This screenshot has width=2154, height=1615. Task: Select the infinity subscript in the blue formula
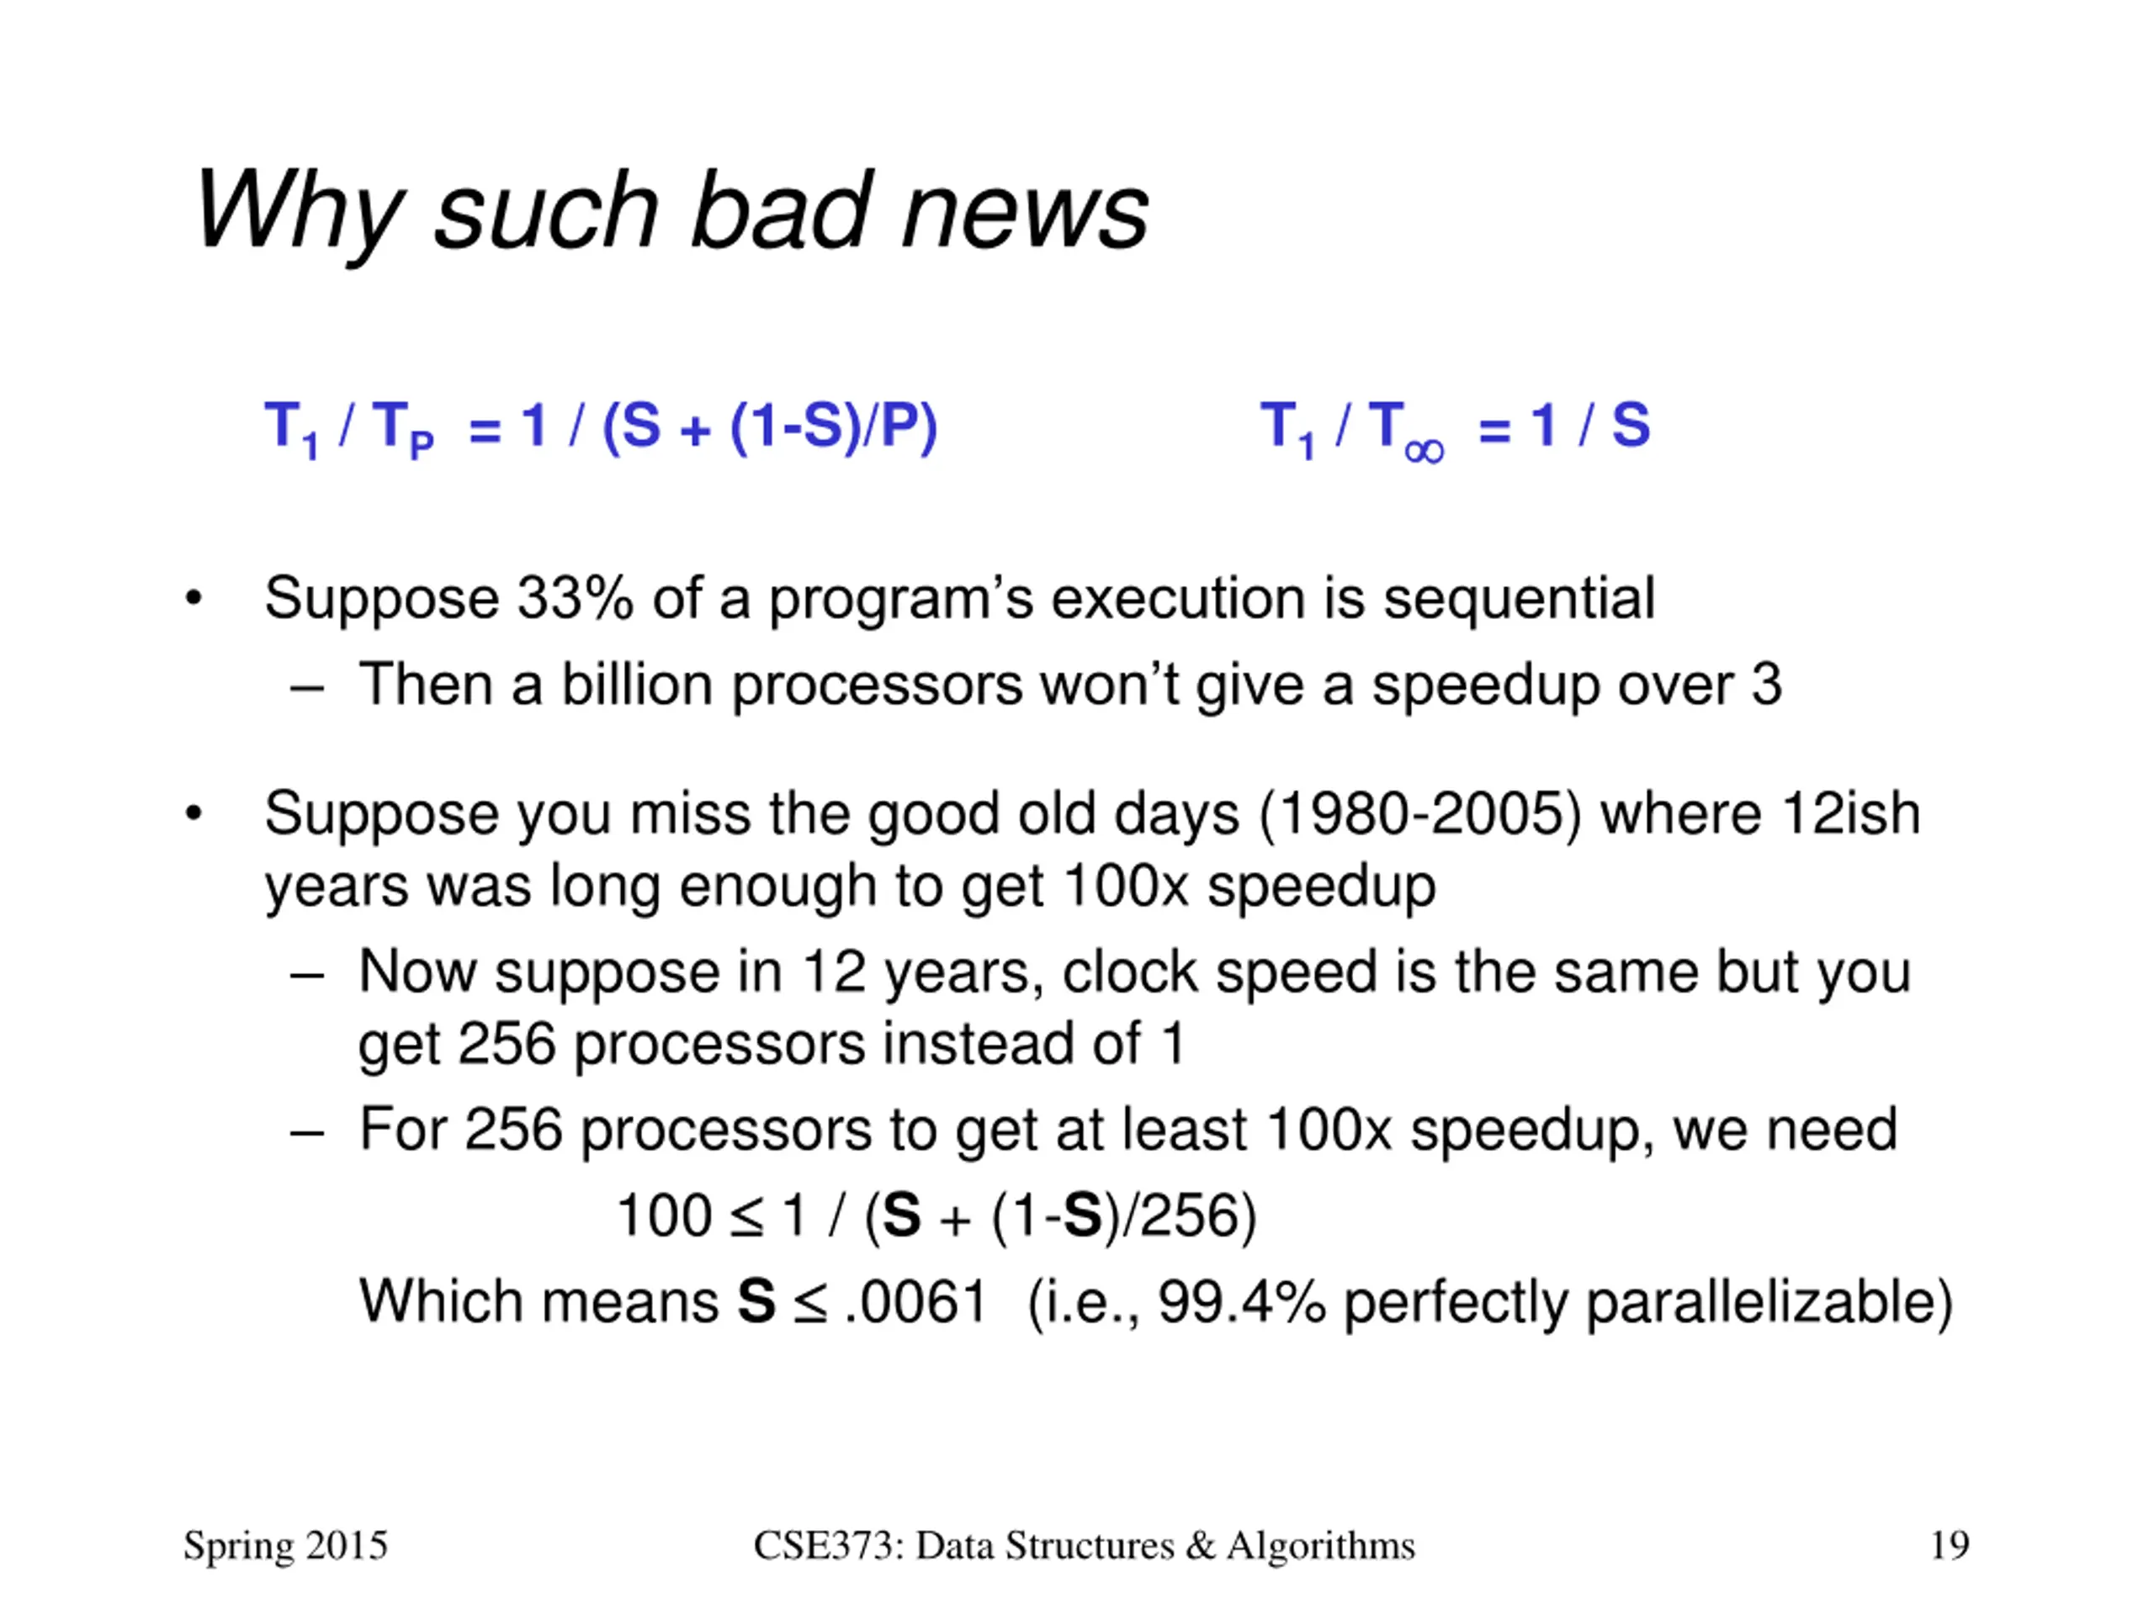pos(1425,452)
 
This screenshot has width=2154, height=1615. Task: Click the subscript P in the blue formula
pos(421,446)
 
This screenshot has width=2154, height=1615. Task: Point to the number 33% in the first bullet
pos(576,598)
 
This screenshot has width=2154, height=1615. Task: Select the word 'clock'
pos(1129,972)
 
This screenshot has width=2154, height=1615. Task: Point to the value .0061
pos(916,1301)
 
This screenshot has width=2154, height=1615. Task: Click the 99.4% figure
pos(1242,1301)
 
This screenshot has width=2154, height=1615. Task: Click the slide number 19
pos(1950,1545)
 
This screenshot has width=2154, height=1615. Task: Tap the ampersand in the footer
pos(1200,1546)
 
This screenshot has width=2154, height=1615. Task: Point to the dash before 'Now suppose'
pos(307,974)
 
